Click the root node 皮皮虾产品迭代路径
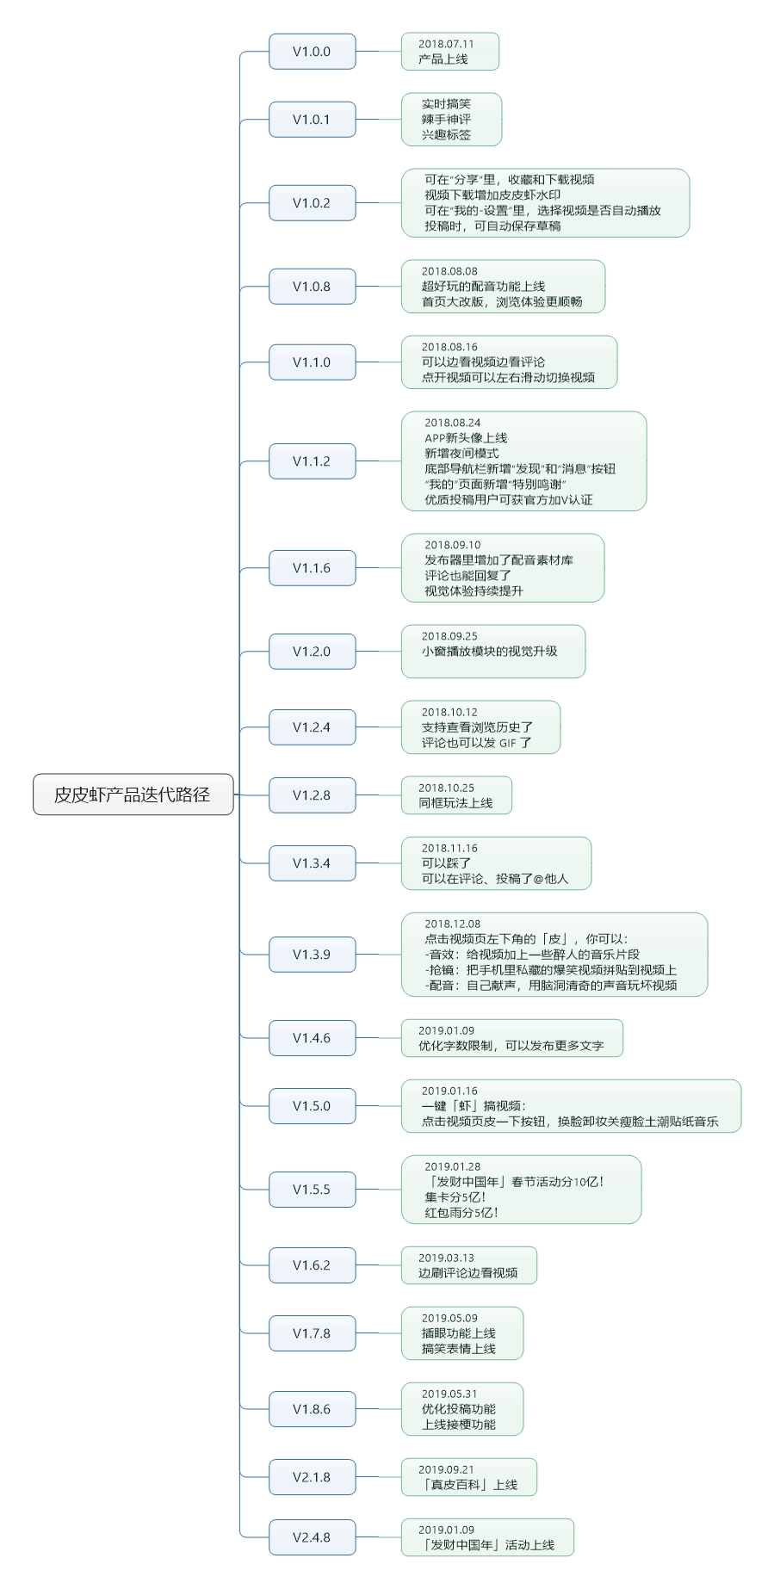click(x=133, y=794)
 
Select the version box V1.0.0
click(x=312, y=52)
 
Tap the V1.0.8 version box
click(x=312, y=287)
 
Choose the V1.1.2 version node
click(x=312, y=461)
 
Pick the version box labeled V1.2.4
click(x=312, y=727)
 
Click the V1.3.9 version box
click(x=312, y=955)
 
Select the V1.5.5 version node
click(x=312, y=1190)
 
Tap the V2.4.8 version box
click(x=312, y=1537)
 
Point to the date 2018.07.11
click(x=446, y=44)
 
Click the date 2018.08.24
click(x=453, y=423)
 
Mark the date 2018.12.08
click(x=453, y=924)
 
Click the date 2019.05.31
click(x=449, y=1394)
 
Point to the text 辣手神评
click(x=446, y=120)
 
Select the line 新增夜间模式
click(x=461, y=454)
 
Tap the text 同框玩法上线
click(x=455, y=803)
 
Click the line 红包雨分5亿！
click(x=461, y=1213)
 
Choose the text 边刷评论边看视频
click(x=467, y=1273)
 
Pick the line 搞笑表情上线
click(x=459, y=1349)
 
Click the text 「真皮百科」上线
click(x=467, y=1485)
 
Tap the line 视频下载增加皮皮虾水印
click(x=492, y=195)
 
